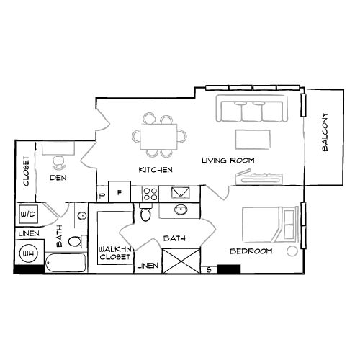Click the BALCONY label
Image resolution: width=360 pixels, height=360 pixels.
click(325, 132)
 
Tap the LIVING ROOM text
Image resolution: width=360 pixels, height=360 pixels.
click(228, 161)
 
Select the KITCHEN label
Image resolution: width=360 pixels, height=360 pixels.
click(156, 170)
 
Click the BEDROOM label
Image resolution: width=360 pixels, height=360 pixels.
click(251, 251)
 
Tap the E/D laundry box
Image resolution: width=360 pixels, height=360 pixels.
click(28, 215)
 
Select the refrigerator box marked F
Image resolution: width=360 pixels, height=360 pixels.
click(120, 193)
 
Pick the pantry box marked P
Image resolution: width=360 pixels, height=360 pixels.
click(102, 194)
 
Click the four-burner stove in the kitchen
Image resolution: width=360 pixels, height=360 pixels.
click(150, 192)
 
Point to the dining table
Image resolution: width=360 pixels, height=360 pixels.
click(157, 135)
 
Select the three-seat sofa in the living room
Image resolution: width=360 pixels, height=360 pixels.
click(251, 111)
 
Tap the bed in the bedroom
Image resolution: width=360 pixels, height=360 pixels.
click(269, 225)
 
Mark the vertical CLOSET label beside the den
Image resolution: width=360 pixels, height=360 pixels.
click(26, 171)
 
